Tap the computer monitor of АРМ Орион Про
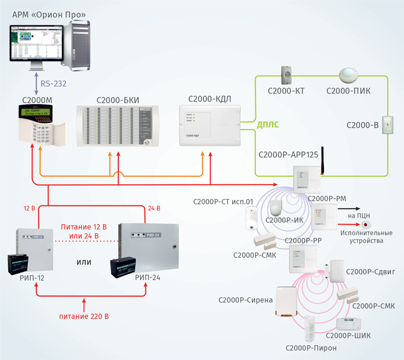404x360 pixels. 35,43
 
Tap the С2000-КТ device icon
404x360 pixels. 287,75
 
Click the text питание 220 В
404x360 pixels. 84,317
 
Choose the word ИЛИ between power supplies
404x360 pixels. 84,262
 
